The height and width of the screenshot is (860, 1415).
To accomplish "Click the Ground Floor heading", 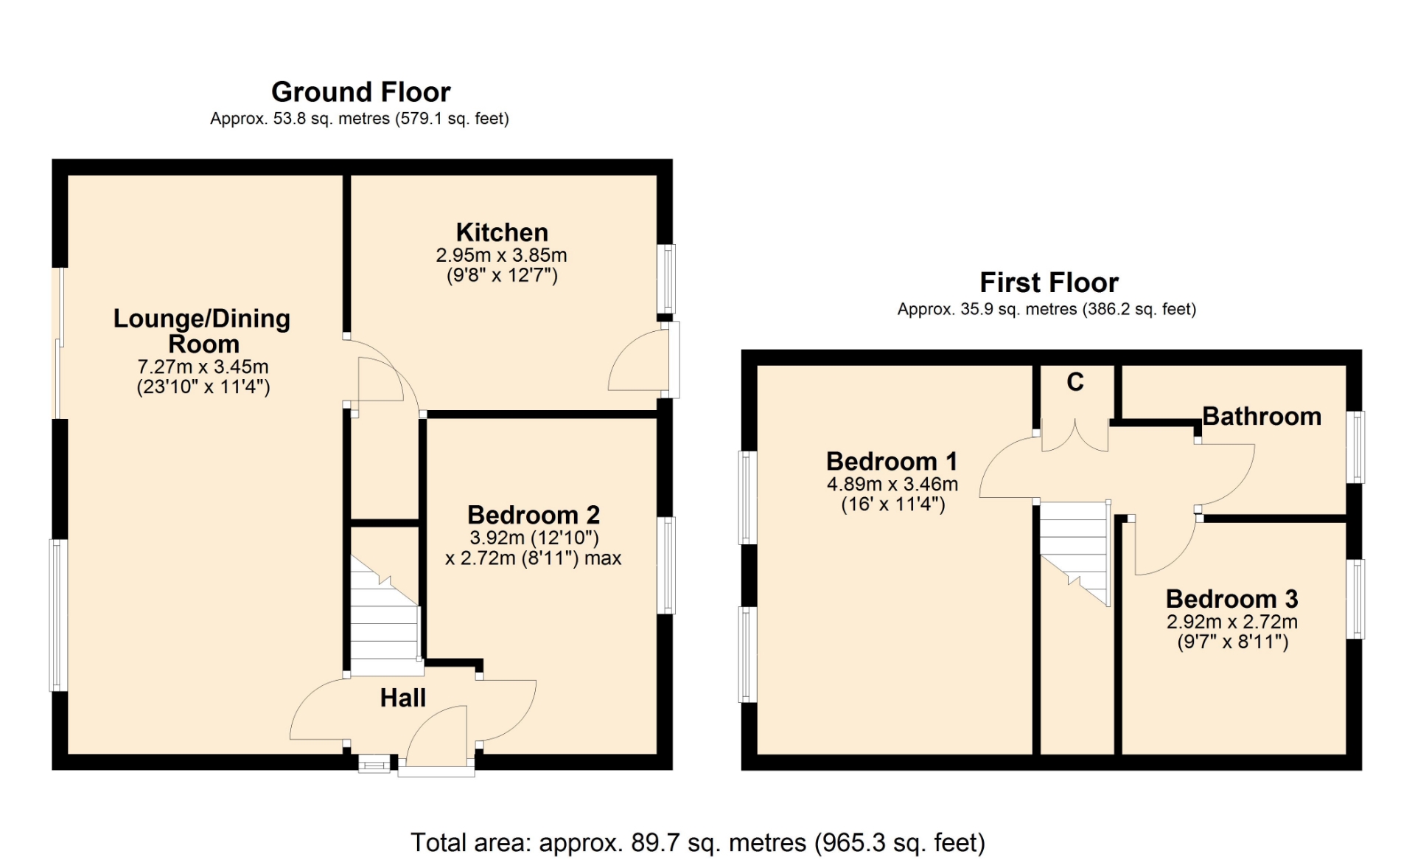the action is (x=361, y=92).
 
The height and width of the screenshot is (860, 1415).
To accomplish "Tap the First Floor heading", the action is (x=1049, y=282).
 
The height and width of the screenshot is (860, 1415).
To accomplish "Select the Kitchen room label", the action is (x=502, y=232).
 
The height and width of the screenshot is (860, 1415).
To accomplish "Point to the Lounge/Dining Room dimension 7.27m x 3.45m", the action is (x=203, y=367).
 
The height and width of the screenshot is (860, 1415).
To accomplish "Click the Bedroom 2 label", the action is (x=534, y=515).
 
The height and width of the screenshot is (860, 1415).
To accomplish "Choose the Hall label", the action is (x=403, y=698).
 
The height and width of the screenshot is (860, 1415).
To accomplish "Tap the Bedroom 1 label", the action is (x=892, y=462).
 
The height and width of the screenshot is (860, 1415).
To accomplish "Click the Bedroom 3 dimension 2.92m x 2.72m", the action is (x=1232, y=622).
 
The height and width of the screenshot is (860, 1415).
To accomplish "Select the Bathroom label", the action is (x=1262, y=416).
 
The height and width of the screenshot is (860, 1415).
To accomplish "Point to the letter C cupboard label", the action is (x=1075, y=382).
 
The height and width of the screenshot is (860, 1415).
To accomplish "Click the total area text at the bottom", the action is (x=697, y=842).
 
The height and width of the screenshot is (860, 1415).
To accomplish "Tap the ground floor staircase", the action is (x=385, y=616).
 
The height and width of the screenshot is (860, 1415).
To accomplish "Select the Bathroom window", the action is (x=1355, y=447).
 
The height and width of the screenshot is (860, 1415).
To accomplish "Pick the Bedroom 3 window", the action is (x=1355, y=599).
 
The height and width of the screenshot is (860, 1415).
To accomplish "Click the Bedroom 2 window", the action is (x=665, y=566).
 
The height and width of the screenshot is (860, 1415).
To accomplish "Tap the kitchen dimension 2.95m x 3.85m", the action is (x=502, y=255).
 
